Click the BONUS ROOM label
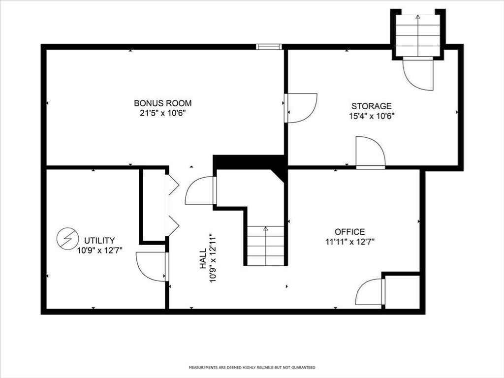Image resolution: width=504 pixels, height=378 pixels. pyautogui.click(x=162, y=103)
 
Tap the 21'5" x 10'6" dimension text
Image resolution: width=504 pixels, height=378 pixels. pyautogui.click(x=163, y=114)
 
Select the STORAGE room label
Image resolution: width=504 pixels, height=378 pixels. pyautogui.click(x=371, y=106)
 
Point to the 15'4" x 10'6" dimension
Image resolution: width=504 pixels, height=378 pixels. pyautogui.click(x=372, y=116)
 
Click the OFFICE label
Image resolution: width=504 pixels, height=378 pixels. pyautogui.click(x=350, y=232)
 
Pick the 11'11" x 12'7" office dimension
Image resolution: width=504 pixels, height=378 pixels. pyautogui.click(x=350, y=242)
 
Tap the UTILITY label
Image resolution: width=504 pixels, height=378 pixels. pyautogui.click(x=99, y=240)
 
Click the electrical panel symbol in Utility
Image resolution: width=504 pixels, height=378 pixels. pyautogui.click(x=67, y=239)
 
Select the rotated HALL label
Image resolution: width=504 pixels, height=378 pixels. pyautogui.click(x=203, y=259)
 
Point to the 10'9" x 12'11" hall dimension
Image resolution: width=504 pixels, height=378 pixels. pyautogui.click(x=213, y=258)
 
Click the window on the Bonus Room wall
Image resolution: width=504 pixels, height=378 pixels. pyautogui.click(x=269, y=47)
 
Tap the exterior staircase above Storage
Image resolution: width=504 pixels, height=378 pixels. pyautogui.click(x=418, y=35)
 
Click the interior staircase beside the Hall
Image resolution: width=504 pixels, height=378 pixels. pyautogui.click(x=265, y=246)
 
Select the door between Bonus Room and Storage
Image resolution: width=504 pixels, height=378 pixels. pyautogui.click(x=301, y=108)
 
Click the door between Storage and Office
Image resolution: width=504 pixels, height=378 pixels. pyautogui.click(x=370, y=153)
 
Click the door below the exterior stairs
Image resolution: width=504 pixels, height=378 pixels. pyautogui.click(x=418, y=74)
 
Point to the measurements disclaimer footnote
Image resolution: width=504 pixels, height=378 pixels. pyautogui.click(x=252, y=367)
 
